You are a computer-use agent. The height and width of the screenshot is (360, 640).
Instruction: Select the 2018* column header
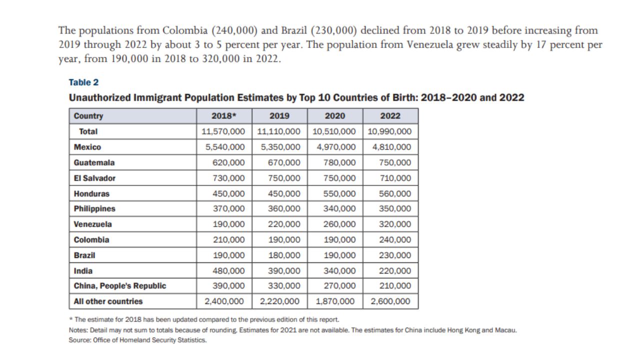pos(224,116)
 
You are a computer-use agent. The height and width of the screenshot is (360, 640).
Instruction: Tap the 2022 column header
pos(390,116)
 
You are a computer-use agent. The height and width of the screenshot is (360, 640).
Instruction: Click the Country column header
pos(88,116)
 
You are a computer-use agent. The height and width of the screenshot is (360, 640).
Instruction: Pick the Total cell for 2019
pos(279,131)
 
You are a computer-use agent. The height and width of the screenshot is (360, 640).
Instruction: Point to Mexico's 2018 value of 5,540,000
pos(225,147)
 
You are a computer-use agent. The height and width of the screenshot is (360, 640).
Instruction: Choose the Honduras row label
pos(91,193)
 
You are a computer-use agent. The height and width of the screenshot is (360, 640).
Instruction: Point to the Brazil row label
pos(84,255)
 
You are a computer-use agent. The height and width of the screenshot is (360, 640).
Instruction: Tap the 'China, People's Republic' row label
pos(120,286)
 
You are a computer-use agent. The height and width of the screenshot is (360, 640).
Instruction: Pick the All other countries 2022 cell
pos(390,301)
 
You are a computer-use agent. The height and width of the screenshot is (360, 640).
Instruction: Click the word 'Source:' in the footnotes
pos(79,340)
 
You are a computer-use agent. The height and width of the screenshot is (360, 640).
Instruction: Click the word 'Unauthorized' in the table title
pos(99,97)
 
